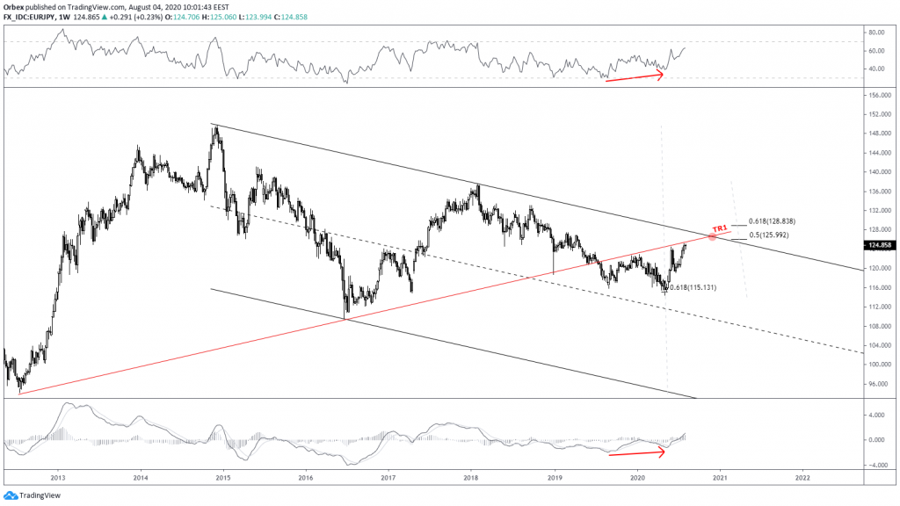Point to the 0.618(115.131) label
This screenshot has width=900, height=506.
click(695, 287)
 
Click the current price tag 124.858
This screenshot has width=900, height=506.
click(881, 244)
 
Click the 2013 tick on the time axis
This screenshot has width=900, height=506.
click(58, 478)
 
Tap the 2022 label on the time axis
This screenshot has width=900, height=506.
click(802, 478)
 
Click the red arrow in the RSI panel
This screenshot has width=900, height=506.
click(635, 76)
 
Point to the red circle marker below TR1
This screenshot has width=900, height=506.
click(711, 236)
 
